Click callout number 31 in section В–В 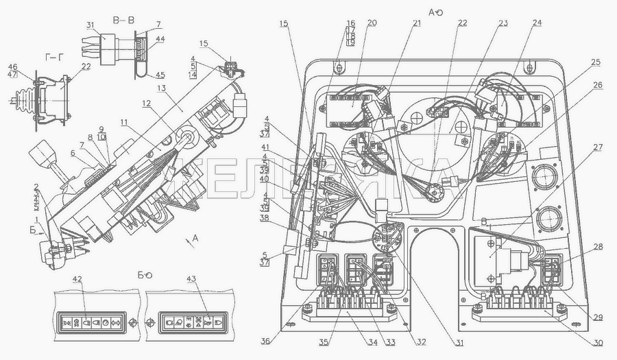click(x=91, y=25)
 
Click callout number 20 click(x=372, y=23)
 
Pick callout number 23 click(x=503, y=23)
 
